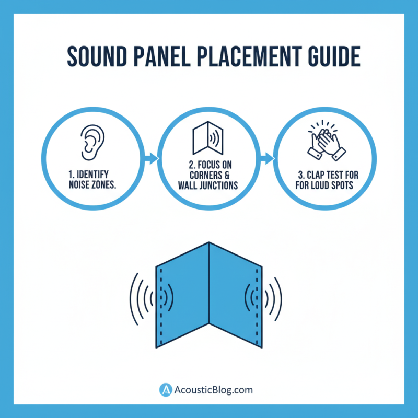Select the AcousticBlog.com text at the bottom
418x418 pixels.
tap(214, 390)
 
